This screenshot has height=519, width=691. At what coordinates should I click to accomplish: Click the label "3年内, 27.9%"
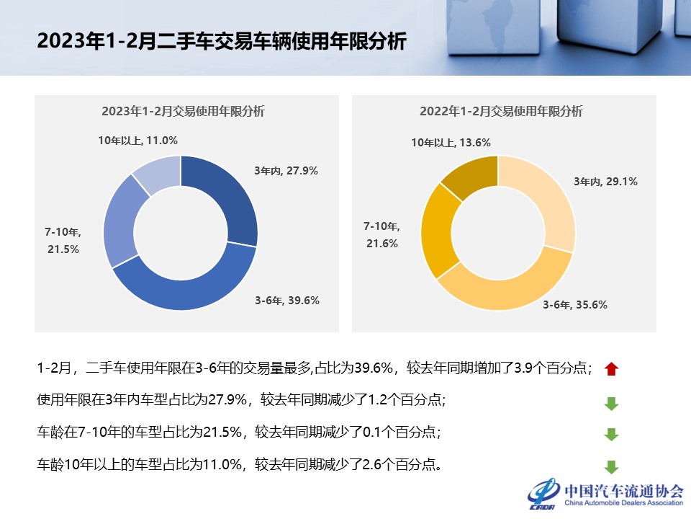[x=286, y=171]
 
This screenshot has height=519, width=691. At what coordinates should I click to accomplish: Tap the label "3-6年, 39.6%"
[x=286, y=301]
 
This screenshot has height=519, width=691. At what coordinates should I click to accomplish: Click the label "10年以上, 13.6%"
[x=451, y=143]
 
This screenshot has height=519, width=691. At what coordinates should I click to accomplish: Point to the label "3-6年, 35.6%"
[x=574, y=305]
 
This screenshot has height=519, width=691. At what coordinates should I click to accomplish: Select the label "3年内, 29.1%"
[x=605, y=182]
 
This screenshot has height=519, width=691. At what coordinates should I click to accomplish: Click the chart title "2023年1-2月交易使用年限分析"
[x=183, y=111]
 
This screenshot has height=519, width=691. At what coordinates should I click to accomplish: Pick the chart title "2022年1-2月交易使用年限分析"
[x=501, y=111]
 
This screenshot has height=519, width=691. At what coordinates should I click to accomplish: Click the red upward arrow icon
[x=611, y=369]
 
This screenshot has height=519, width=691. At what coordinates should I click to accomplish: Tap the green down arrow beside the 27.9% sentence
[x=611, y=403]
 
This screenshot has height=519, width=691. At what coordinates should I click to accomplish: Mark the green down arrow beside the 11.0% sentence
[x=611, y=466]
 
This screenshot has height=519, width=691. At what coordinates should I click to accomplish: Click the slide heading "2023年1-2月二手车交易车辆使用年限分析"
[x=222, y=41]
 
